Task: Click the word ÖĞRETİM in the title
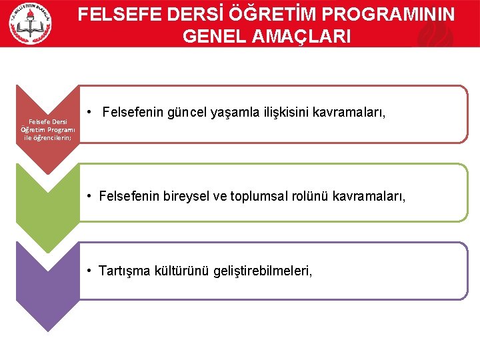pyautogui.click(x=267, y=15)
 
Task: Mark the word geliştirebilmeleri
pyautogui.click(x=262, y=271)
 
